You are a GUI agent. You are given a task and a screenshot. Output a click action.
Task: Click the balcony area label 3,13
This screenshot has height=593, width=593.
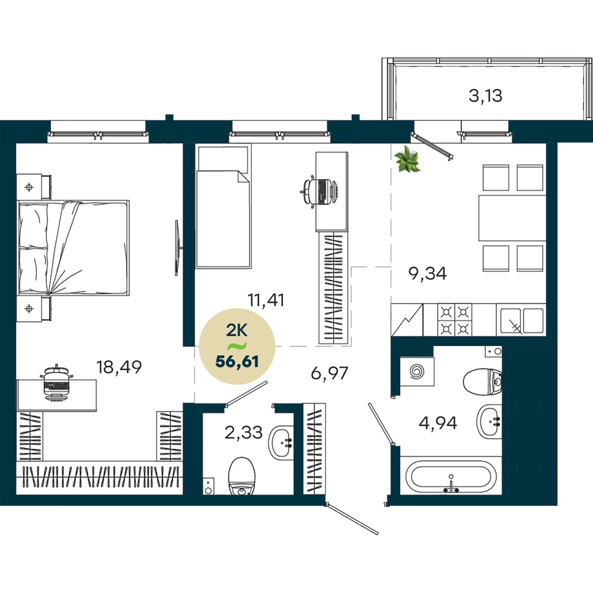tap(485, 95)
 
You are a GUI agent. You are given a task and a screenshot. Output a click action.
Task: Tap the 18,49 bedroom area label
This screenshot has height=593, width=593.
tap(119, 367)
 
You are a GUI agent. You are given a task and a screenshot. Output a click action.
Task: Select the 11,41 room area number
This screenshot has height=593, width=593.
tap(266, 300)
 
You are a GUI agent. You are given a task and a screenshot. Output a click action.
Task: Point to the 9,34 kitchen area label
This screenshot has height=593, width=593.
tap(428, 273)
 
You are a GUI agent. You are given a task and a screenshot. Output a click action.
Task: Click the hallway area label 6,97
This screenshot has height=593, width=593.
tap(329, 373)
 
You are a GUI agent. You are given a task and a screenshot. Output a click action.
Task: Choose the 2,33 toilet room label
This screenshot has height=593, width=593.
tap(243, 432)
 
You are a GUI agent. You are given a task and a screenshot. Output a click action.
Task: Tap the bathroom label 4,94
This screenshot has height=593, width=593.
tap(438, 422)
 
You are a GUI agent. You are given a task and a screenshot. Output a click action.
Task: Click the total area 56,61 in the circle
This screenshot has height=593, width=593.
tap(237, 362)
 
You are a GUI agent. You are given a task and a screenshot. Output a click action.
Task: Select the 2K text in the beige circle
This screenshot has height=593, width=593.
tap(237, 330)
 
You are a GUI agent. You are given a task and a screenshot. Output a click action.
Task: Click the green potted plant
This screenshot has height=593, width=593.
tap(407, 160)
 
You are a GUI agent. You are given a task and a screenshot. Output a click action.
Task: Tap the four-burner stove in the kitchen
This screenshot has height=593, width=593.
tap(455, 320)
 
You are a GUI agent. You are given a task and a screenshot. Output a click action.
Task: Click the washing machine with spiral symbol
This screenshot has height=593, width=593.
tap(417, 371)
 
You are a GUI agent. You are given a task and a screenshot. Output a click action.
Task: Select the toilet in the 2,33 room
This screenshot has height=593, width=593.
tap(242, 476)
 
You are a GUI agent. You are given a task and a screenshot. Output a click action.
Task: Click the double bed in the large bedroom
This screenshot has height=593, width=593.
tap(74, 248)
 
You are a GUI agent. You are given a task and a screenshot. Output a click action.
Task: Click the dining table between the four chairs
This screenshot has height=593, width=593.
tap(512, 218)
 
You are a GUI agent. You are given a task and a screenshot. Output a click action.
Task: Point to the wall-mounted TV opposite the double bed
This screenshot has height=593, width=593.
tap(177, 248)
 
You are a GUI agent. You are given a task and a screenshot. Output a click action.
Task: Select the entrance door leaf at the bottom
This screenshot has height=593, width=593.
tap(352, 518)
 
